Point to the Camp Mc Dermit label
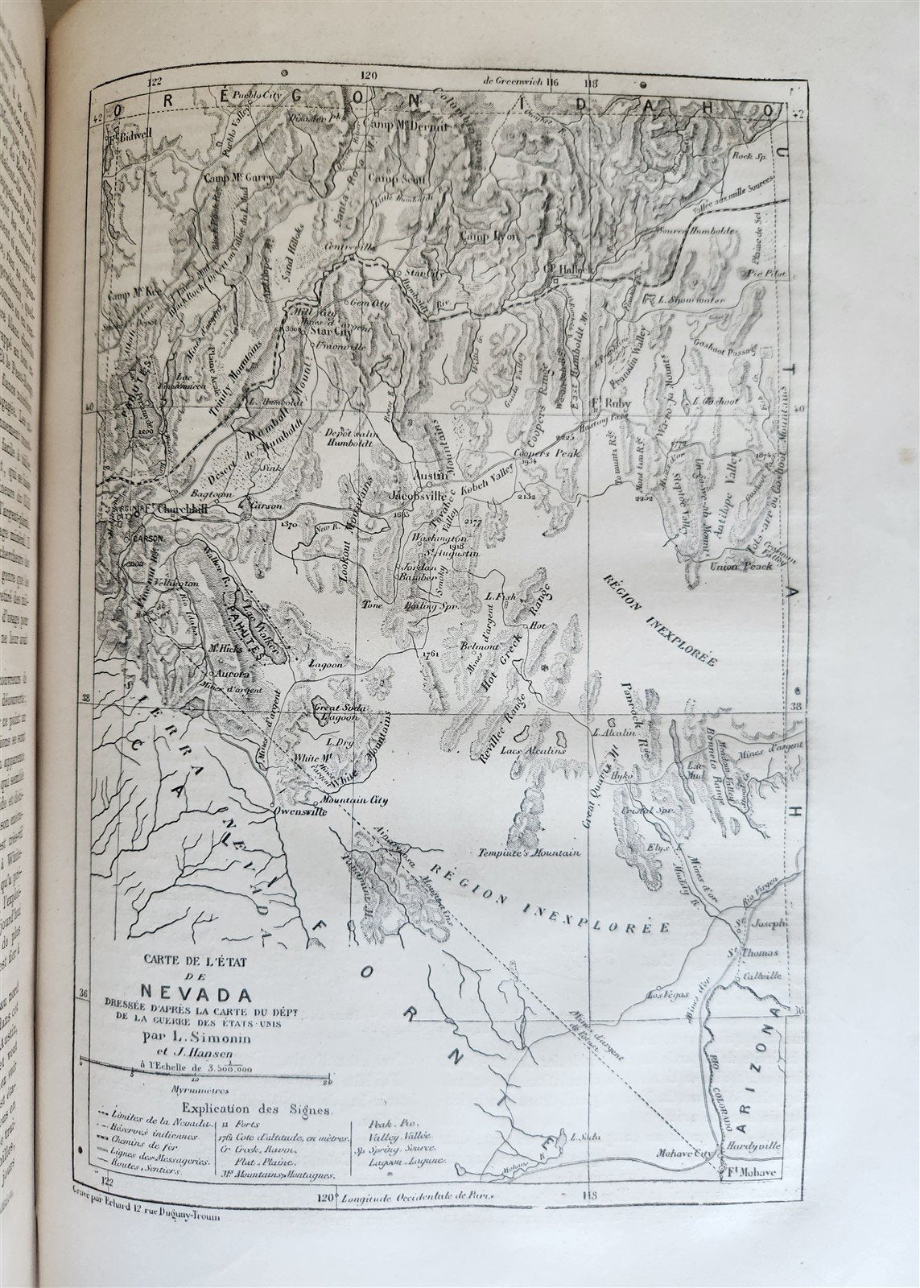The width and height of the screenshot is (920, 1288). point(402,125)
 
